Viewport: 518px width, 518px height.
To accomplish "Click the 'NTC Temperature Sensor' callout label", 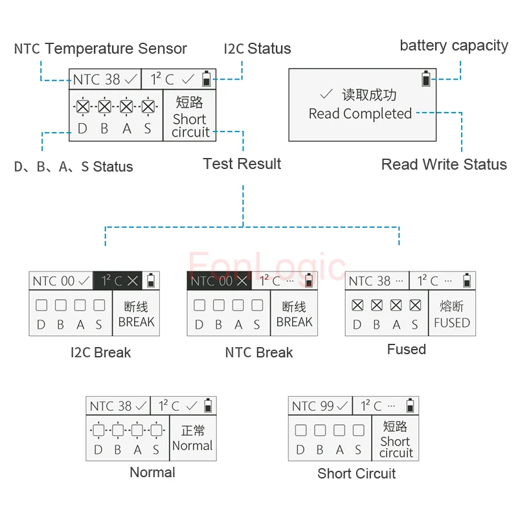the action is tap(100, 49).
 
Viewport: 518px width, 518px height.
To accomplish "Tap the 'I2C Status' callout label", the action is tap(257, 49).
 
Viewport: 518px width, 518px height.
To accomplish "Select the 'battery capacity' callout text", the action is tap(454, 46).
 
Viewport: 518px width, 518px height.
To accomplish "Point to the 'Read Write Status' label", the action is tap(444, 164).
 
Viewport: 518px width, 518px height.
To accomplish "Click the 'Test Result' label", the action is tap(242, 164).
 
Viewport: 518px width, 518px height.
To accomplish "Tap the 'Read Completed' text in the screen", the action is tap(360, 114).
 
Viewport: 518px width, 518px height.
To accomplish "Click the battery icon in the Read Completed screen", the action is tap(426, 78).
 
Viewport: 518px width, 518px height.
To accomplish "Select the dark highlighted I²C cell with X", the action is tap(118, 281).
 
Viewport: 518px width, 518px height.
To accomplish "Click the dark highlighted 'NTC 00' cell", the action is tap(220, 281).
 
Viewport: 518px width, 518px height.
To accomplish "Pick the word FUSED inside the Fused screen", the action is tap(452, 322).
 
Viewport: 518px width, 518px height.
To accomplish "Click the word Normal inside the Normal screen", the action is tap(192, 445).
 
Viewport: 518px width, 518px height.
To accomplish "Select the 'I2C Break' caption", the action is tap(101, 352).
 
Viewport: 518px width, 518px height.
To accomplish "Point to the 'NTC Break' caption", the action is tap(259, 352).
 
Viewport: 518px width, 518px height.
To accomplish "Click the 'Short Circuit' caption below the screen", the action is tap(357, 473).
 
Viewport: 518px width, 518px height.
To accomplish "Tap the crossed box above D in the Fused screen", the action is tap(357, 305).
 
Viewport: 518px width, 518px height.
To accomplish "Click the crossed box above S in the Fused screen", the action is tap(415, 305).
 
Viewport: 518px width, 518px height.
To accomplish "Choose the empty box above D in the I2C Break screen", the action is tap(41, 305).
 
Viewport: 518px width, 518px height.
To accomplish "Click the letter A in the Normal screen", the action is tap(137, 449).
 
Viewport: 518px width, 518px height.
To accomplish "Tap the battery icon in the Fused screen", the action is tap(467, 280).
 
